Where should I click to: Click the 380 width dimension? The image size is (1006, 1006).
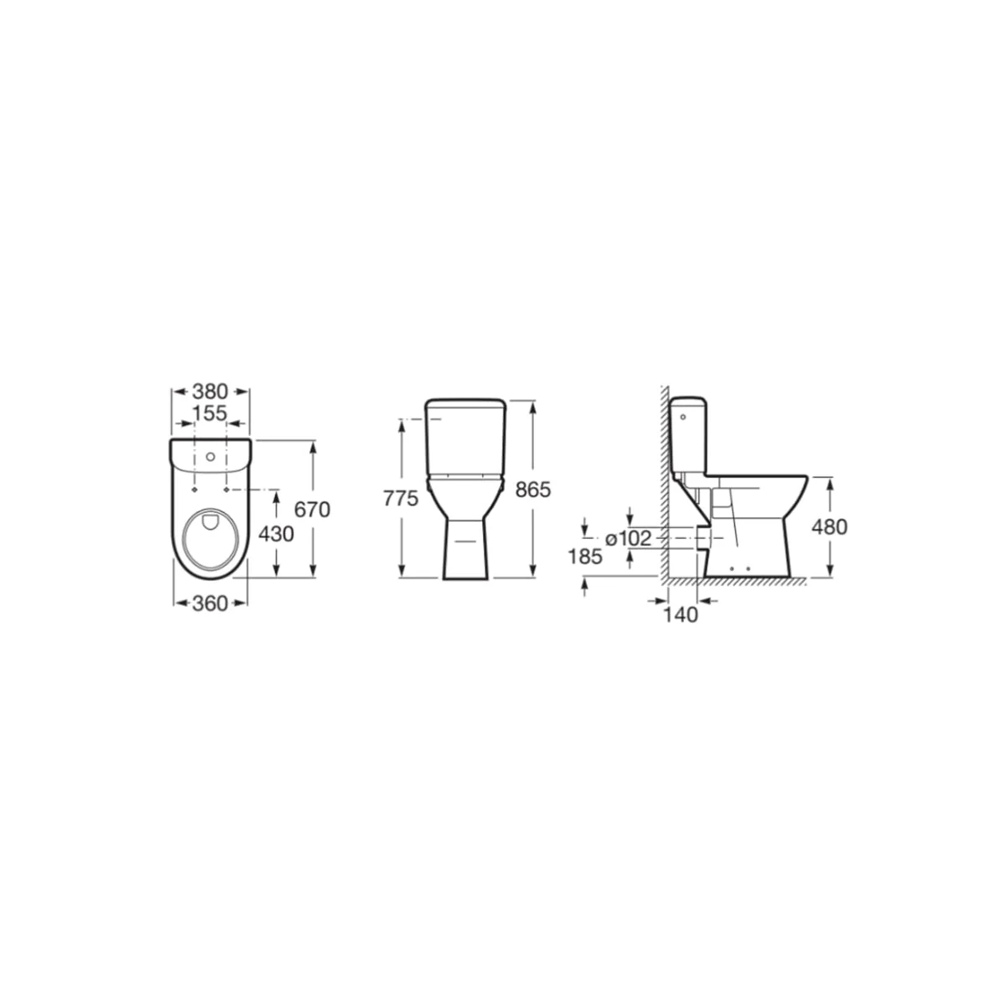210,391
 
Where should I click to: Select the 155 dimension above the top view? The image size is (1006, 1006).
210,413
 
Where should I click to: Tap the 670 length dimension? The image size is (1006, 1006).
312,510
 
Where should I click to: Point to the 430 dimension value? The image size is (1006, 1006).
276,533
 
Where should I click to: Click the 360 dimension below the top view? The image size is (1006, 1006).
210,604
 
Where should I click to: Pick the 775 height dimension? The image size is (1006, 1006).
401,499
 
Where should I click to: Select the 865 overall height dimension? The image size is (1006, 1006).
533,490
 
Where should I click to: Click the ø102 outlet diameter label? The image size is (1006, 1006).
628,538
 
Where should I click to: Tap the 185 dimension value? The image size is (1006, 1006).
585,557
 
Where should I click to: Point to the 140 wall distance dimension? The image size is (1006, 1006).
680,615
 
